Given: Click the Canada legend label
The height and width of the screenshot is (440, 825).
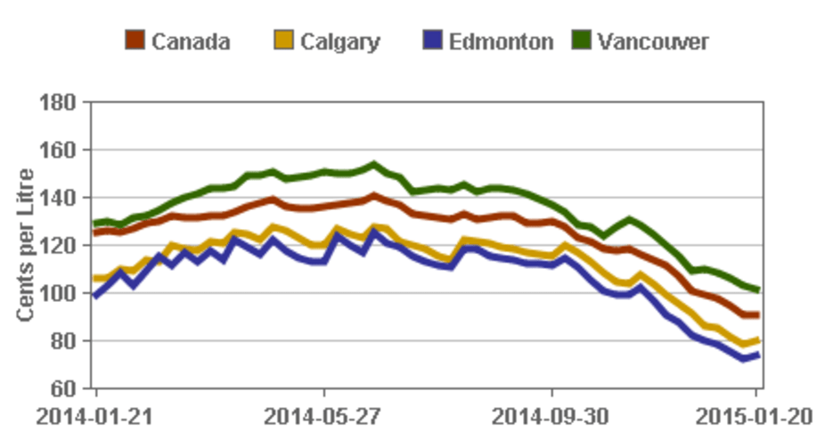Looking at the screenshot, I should coord(191,41).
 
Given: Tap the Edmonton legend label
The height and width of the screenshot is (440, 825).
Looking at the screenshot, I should coord(501,41).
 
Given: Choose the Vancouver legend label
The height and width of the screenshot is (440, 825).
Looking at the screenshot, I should coord(654,41).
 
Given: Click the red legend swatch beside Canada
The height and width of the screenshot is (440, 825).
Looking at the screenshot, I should coord(135,41).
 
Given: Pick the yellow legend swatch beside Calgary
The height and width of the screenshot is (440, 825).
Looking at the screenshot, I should coord(282,41).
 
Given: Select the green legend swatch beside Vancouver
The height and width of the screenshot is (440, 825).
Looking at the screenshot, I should coord(582,41).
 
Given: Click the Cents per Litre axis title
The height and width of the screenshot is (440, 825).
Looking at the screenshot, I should coord(28,245).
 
